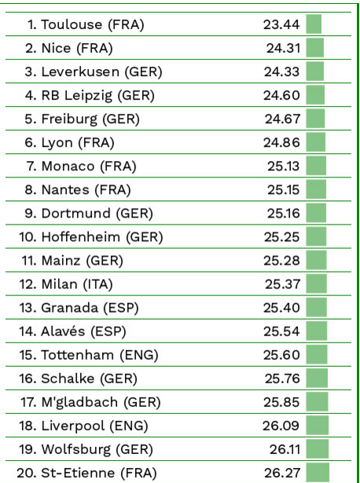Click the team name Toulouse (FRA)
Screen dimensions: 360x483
(x=93, y=24)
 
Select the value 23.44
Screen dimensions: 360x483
(x=281, y=24)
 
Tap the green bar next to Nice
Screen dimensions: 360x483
(x=314, y=48)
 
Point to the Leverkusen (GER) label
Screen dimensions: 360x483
(x=101, y=71)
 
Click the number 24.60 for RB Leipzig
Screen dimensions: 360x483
(x=281, y=96)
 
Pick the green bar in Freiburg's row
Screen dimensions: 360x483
(x=315, y=119)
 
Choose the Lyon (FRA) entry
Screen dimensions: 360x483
(x=78, y=143)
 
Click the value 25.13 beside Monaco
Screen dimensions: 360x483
(x=284, y=166)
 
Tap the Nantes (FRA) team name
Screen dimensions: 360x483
(x=86, y=190)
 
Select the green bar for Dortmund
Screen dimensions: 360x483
(x=316, y=213)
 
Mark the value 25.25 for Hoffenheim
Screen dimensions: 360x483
(x=281, y=237)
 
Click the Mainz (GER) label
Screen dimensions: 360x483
(x=82, y=261)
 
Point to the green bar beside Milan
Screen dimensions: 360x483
(x=316, y=284)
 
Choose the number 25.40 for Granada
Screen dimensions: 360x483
(x=281, y=308)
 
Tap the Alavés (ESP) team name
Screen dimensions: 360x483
(x=83, y=331)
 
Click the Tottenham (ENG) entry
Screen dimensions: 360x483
(x=100, y=356)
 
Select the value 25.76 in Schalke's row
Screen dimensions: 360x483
(x=282, y=379)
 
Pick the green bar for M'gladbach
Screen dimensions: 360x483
(x=317, y=402)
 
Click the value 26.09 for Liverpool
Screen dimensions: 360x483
(x=281, y=426)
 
